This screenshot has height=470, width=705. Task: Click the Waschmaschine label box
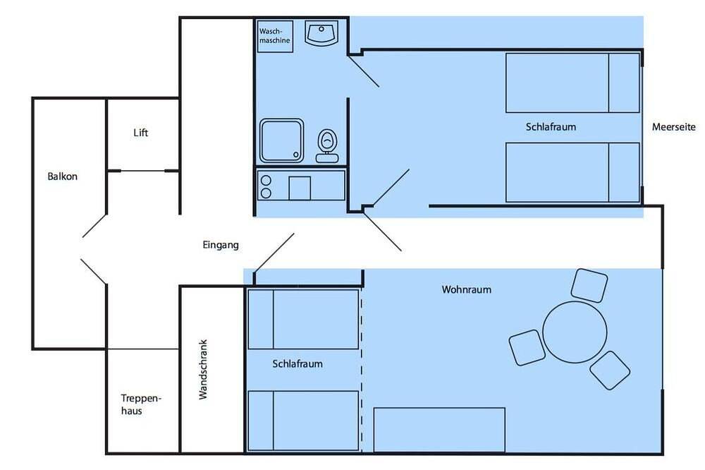pos(275,36)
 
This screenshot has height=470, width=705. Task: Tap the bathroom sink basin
pos(321,33)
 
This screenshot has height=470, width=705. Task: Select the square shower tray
pos(281,140)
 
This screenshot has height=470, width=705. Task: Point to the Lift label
pos(141,133)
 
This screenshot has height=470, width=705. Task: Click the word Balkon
pos(63,176)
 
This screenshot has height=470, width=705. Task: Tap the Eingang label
pos(220,245)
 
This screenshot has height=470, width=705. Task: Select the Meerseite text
pos(673,127)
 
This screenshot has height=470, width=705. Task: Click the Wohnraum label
pos(466,289)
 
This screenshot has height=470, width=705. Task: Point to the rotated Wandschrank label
pos(203,370)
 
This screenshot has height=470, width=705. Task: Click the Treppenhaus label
pos(141,404)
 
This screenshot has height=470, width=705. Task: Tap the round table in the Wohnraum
pos(575,332)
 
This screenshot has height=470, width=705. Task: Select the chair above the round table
pos(589,285)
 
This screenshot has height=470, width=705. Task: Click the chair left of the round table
pos(527,347)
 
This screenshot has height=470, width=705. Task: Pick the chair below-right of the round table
pos(610,370)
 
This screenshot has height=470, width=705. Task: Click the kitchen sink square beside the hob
pos(300,188)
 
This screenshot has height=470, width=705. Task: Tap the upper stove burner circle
pos(266,181)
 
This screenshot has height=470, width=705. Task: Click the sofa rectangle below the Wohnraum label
pos(439,430)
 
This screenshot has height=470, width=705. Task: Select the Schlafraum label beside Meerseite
pos(551,127)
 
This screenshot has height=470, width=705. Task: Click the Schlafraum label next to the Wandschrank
pos(298,363)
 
